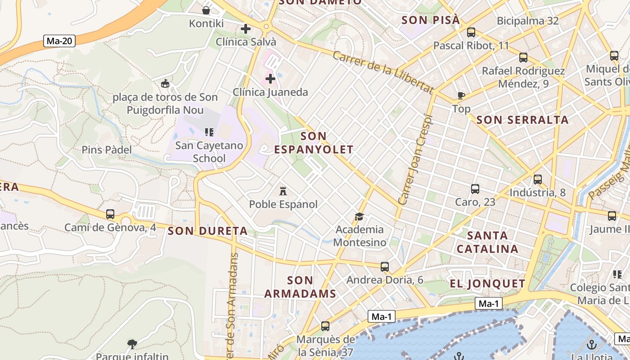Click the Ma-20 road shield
point(59,41)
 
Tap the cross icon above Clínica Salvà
point(246,29)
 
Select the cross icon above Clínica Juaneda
point(270,79)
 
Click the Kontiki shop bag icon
point(206,10)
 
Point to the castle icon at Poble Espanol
point(283,191)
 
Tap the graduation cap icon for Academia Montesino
point(359,217)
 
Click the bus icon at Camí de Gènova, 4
point(110,214)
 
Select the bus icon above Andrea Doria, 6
point(384,267)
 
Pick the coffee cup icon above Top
point(461,95)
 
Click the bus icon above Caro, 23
point(475,189)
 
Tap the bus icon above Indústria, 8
point(537,180)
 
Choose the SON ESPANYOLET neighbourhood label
point(314,143)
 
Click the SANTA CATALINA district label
point(487,242)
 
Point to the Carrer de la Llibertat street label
point(383,72)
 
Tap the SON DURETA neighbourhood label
point(207,231)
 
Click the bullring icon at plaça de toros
point(165,83)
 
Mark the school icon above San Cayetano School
point(209,132)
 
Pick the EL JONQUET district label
point(487,284)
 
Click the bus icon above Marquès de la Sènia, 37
point(325,326)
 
